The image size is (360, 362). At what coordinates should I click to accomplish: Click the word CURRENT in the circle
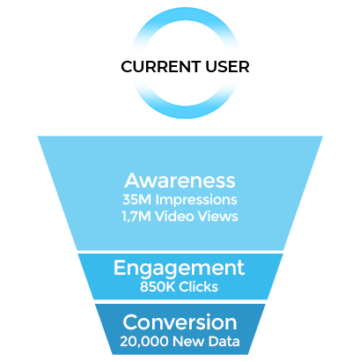(x=161, y=67)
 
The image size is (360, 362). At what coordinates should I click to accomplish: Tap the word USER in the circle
(x=227, y=67)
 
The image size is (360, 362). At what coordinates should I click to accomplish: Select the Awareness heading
(x=180, y=181)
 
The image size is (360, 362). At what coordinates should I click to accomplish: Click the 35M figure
(x=137, y=200)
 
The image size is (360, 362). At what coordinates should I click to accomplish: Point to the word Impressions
(x=196, y=201)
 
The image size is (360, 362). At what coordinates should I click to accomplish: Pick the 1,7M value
(x=136, y=217)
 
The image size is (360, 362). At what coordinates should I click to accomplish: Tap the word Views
(x=217, y=217)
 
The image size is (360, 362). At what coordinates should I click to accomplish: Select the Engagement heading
(x=179, y=269)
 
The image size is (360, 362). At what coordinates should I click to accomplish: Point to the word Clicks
(x=199, y=286)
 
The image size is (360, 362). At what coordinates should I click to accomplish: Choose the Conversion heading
(x=180, y=322)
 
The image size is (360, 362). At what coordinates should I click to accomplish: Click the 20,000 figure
(x=144, y=342)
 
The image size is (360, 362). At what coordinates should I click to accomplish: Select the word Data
(x=224, y=342)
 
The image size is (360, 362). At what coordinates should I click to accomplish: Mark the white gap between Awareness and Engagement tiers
(x=180, y=252)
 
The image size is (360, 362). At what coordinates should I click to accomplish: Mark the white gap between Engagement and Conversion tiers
(x=180, y=301)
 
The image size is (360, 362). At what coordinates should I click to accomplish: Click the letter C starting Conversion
(x=130, y=322)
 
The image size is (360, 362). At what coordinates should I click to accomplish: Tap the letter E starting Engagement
(x=120, y=267)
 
